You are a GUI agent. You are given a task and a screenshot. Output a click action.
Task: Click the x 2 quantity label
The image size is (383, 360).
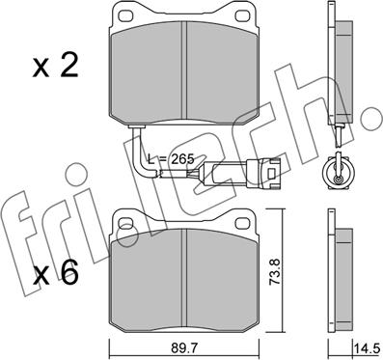click(x=55, y=68)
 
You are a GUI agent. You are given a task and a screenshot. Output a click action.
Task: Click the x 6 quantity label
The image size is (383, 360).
click(x=56, y=273)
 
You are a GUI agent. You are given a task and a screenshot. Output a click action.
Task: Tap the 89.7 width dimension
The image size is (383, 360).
click(x=184, y=347)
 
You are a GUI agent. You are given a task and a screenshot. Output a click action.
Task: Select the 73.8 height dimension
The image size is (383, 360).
click(x=275, y=271)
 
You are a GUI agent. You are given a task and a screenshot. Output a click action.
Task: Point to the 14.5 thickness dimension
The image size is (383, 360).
click(x=369, y=348)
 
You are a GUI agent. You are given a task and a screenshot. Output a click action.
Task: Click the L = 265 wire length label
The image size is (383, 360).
click(x=171, y=159)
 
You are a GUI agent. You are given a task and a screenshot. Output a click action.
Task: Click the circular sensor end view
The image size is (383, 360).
click(x=339, y=172)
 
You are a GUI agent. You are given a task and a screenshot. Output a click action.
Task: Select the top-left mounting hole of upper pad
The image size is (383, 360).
click(x=125, y=15)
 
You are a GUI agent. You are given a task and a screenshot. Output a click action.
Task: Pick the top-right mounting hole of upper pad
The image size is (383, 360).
click(x=242, y=15)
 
